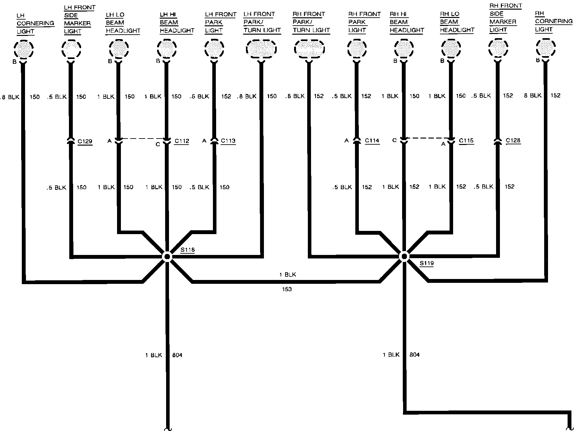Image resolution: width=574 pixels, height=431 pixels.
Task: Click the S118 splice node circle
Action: point(167,257)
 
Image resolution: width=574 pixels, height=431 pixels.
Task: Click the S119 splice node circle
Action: point(404,256)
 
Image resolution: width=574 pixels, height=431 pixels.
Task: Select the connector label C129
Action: point(85,141)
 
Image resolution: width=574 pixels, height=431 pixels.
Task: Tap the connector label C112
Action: point(182,141)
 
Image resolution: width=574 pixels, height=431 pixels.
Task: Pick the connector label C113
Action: point(228,141)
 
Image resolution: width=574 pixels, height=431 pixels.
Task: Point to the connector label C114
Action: point(372,140)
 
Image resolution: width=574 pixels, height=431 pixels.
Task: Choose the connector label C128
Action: point(513,140)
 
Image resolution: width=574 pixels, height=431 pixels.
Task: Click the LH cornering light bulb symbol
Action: point(24,49)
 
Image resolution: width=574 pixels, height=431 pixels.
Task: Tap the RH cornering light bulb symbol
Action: point(545,48)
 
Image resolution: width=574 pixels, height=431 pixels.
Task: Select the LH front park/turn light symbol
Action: point(261,49)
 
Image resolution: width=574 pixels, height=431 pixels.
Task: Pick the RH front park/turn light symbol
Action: point(309,49)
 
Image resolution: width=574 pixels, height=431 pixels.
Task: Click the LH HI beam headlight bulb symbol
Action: point(167,49)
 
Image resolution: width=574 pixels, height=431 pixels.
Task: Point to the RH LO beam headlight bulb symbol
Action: point(451,49)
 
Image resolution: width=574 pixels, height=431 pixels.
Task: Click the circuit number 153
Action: point(287,289)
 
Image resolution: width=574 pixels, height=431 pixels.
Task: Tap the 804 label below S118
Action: point(177,355)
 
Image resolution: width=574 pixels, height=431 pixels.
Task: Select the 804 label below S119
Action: point(414,355)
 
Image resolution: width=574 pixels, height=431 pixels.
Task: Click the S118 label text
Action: point(188,250)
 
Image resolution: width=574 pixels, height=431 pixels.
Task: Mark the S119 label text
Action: point(426,263)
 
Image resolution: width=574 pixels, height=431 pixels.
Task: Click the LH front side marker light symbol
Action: point(71,49)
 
